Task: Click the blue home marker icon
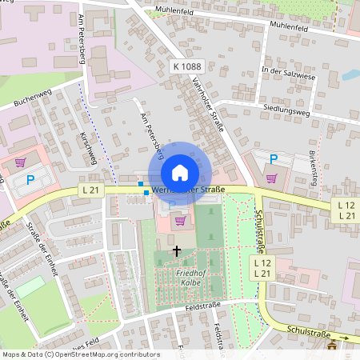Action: pos(180,173)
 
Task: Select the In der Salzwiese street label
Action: pos(289,72)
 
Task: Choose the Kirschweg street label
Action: pos(88,148)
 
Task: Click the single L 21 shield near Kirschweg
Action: pos(90,190)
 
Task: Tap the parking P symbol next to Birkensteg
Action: pos(273,159)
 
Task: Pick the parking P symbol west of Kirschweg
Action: pos(30,181)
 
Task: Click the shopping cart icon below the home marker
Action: pos(180,220)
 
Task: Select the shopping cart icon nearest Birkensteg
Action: pos(272,178)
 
